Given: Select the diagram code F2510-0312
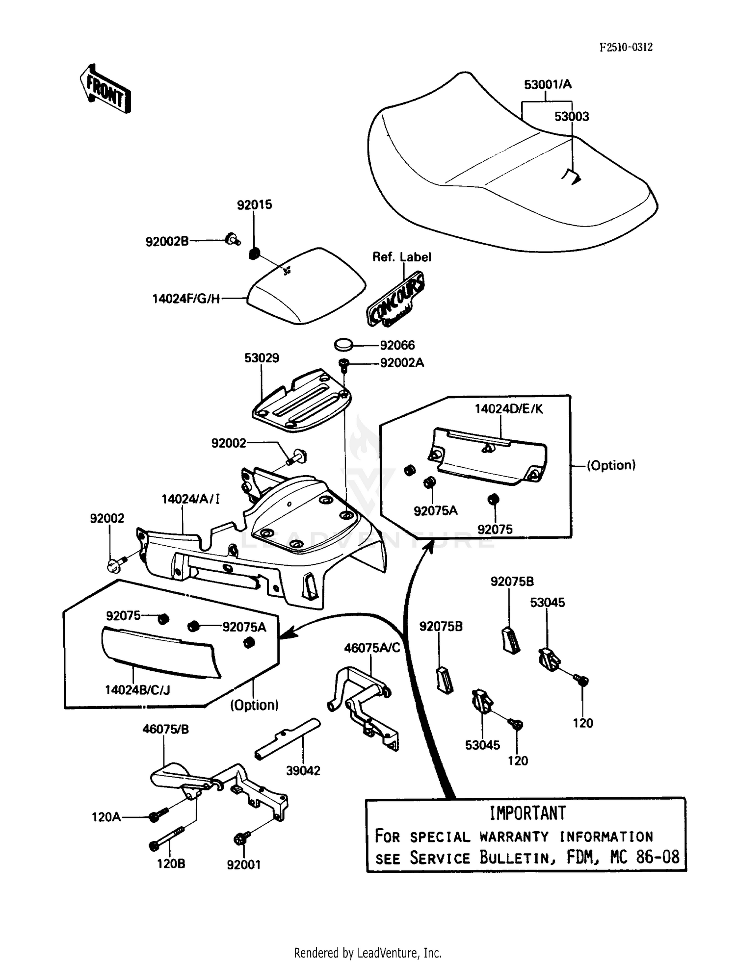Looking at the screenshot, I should point(626,47).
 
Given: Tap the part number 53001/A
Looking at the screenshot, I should point(548,84).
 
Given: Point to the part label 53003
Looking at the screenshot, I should point(572,117).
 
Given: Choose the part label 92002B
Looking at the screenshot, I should point(167,241).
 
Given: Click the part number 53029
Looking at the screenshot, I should point(262,358).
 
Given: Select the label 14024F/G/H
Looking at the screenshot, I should point(186,298).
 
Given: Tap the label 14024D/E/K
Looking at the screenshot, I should point(509,409).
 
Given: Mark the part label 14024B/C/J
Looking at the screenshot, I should point(137,690).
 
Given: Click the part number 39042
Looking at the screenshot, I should point(303,770).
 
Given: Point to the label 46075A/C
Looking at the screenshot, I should point(372,648).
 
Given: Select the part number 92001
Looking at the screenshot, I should point(243,865).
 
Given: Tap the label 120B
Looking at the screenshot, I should point(171,863).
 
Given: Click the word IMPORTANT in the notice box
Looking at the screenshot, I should point(527,813).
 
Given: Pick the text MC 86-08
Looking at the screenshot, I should point(645,857).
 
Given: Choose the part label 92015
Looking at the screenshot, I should point(254,204).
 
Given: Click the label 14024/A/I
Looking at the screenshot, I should point(190,499).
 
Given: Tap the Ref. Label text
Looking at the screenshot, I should point(401,257).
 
